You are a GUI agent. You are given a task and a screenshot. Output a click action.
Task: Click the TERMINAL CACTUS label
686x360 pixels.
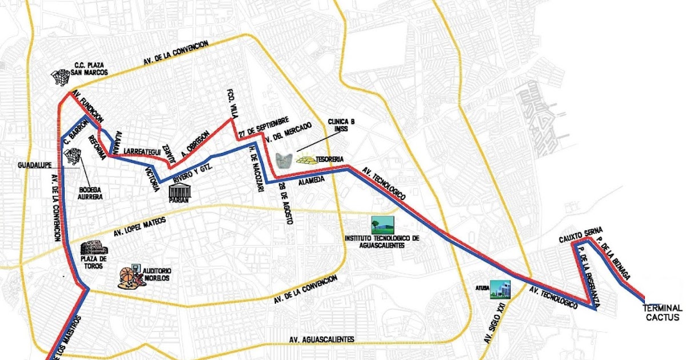(663, 312)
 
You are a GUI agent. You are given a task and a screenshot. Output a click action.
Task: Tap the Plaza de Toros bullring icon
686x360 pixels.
(91, 249)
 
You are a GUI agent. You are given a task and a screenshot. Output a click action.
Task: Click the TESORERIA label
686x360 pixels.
(330, 159)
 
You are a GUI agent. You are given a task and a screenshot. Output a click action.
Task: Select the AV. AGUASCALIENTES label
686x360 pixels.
(322, 339)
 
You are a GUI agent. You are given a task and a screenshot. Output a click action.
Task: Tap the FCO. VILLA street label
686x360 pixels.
(232, 103)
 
